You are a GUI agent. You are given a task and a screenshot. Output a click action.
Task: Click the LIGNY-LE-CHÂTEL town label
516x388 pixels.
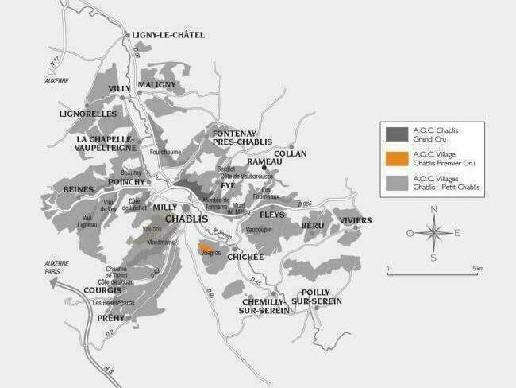click(169, 35)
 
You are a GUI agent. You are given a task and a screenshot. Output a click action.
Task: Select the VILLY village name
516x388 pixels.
click(119, 88)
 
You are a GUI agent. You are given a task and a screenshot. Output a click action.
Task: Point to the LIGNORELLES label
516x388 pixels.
click(87, 114)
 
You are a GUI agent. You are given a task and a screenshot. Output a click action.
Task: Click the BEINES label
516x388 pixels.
click(79, 189)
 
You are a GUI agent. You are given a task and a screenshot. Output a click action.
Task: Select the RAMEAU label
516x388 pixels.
click(264, 161)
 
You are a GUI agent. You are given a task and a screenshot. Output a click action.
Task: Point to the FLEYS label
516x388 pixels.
click(271, 215)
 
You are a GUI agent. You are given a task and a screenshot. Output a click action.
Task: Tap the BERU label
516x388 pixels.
click(312, 226)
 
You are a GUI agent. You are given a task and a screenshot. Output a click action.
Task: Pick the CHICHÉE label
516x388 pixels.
click(245, 257)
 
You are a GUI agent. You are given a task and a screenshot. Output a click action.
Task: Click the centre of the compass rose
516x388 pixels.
click(433, 233)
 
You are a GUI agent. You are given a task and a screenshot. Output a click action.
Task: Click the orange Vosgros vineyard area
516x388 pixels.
click(206, 249)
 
